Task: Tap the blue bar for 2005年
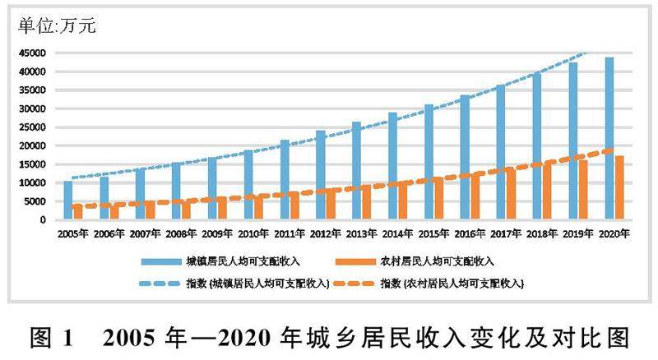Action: [x=68, y=200]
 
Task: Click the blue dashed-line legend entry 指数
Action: [x=258, y=284]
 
